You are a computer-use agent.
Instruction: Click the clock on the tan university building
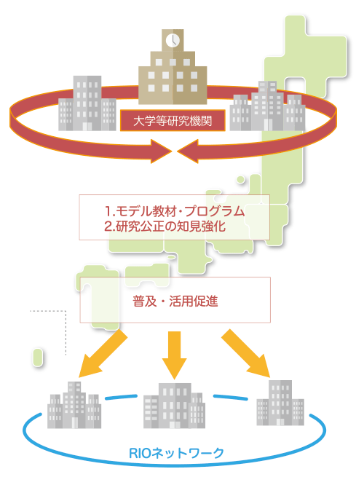coord(173,40)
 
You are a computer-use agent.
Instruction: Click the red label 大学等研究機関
coord(173,121)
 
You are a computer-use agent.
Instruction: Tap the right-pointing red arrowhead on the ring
coord(161,151)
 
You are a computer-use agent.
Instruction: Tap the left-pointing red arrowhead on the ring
coord(188,151)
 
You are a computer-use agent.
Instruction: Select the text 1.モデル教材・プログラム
coord(175,210)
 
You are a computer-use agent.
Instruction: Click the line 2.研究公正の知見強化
coord(165,226)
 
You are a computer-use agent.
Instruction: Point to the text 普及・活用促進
coord(175,301)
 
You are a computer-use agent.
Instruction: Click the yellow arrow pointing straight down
coord(174,355)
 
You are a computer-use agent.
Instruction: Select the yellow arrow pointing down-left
coord(103,353)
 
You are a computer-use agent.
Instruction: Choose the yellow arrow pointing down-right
coord(246,353)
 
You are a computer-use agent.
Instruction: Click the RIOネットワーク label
coord(176,453)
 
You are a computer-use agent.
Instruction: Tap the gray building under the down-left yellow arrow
coord(74,405)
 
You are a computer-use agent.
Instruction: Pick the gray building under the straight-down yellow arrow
coord(174,406)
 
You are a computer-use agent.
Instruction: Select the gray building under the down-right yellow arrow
coord(280,403)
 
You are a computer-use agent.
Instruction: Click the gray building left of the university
coord(87,103)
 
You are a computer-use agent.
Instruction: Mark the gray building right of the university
coord(267,106)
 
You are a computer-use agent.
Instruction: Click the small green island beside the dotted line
coord(37,357)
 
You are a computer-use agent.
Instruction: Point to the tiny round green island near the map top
coord(240,179)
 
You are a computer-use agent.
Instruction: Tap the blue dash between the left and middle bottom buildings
coord(121,397)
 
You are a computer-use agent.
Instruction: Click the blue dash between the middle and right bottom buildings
coord(231,397)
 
